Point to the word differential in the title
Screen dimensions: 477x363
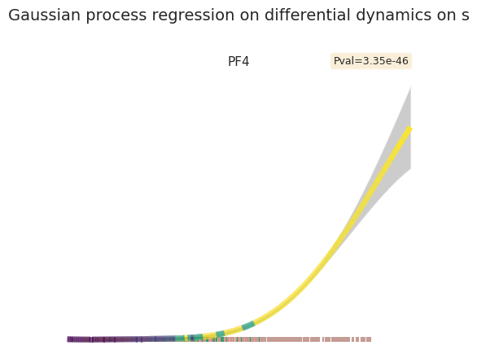pyautogui.click(x=307, y=15)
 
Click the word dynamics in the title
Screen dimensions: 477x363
pyautogui.click(x=394, y=15)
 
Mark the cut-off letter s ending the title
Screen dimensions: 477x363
pyautogui.click(x=466, y=16)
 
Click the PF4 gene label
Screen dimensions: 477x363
pyautogui.click(x=238, y=62)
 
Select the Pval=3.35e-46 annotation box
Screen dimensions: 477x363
pyautogui.click(x=371, y=61)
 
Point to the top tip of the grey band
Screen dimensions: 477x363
pyautogui.click(x=411, y=87)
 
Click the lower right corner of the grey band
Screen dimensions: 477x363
pyautogui.click(x=411, y=168)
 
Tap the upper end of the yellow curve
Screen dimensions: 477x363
pyautogui.click(x=410, y=129)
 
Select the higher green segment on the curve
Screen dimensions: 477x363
pyautogui.click(x=248, y=326)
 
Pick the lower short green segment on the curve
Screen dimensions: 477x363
pyautogui.click(x=220, y=334)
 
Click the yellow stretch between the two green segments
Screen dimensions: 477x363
pyautogui.click(x=234, y=330)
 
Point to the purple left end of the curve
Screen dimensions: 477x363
pyautogui.click(x=68, y=339)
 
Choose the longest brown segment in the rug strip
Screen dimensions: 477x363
pyautogui.click(x=284, y=339)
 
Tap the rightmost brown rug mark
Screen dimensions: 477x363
pyautogui.click(x=369, y=339)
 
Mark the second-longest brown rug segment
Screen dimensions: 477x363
pyautogui.click(x=341, y=339)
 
